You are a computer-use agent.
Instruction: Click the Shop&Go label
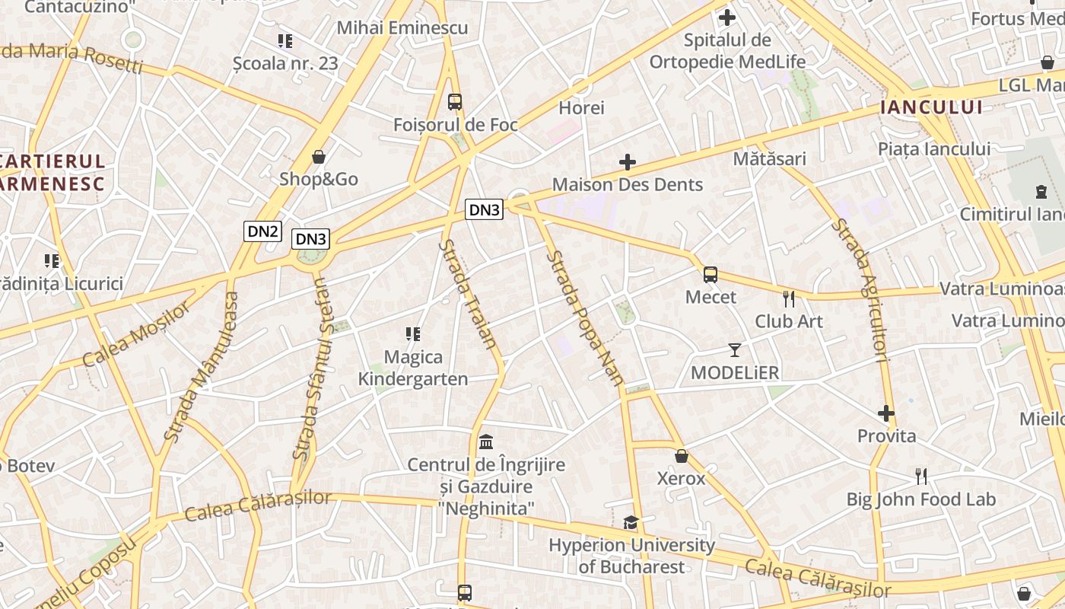click(318, 179)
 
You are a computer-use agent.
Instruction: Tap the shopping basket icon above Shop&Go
click(319, 157)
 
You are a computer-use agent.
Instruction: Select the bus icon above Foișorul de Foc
click(455, 101)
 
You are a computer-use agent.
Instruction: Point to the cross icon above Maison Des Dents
click(628, 161)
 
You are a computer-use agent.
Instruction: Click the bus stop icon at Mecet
click(711, 275)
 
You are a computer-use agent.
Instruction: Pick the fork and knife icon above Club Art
click(789, 298)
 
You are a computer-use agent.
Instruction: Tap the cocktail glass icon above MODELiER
click(735, 350)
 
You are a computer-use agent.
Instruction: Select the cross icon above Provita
click(886, 413)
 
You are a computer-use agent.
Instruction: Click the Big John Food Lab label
click(921, 499)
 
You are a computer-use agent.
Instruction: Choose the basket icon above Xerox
click(682, 456)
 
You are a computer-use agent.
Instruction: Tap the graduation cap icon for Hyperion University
click(631, 522)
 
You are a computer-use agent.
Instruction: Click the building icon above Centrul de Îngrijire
click(486, 442)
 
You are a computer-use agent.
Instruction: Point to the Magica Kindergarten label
click(413, 368)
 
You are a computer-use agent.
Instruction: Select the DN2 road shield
click(262, 231)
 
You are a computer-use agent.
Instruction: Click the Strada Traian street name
click(468, 294)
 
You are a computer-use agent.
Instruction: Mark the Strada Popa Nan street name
click(586, 317)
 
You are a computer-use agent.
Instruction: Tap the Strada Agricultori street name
click(861, 289)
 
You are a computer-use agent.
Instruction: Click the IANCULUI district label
click(931, 107)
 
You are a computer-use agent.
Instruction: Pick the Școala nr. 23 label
click(285, 63)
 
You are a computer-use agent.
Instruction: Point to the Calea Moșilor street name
click(137, 333)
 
